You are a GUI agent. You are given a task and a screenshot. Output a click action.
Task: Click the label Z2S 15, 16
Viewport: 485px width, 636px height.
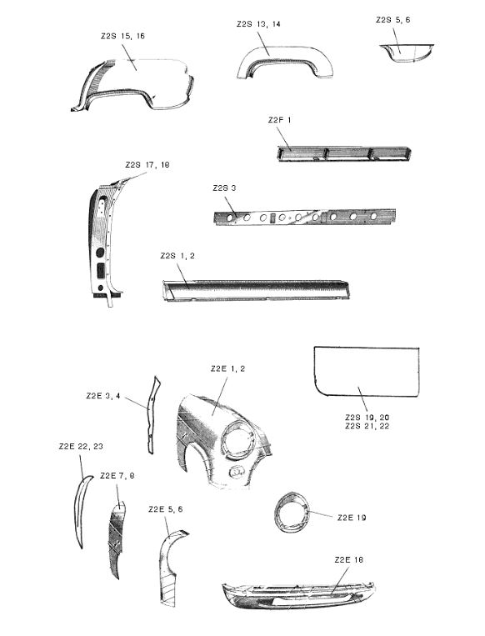pyautogui.click(x=122, y=36)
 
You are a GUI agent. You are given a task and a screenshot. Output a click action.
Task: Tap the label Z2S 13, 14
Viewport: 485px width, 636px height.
pyautogui.click(x=258, y=24)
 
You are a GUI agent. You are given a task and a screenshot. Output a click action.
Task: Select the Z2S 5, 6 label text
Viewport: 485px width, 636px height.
pyautogui.click(x=392, y=20)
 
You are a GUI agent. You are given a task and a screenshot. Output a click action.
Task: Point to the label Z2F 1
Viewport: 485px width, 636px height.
pyautogui.click(x=279, y=120)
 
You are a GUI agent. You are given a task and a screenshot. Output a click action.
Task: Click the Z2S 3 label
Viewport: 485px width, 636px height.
pyautogui.click(x=224, y=188)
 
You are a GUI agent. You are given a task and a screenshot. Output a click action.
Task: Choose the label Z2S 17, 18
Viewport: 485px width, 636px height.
pyautogui.click(x=147, y=165)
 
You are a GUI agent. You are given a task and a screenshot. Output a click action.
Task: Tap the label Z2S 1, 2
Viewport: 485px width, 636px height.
pyautogui.click(x=177, y=256)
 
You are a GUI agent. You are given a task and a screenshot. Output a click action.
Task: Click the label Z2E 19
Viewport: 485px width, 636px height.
pyautogui.click(x=352, y=518)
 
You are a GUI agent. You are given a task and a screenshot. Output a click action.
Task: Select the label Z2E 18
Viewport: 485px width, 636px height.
pyautogui.click(x=348, y=560)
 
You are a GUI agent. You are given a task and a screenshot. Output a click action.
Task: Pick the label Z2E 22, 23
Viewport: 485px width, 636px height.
pyautogui.click(x=81, y=447)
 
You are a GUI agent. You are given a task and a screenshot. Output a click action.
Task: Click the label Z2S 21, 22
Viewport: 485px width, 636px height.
pyautogui.click(x=367, y=426)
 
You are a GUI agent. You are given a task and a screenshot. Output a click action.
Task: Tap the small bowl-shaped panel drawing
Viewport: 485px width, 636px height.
pyautogui.click(x=407, y=53)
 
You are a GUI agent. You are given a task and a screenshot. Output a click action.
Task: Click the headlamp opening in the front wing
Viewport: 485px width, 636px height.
pyautogui.click(x=237, y=441)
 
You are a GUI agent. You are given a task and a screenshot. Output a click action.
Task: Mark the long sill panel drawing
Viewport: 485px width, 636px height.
pyautogui.click(x=256, y=289)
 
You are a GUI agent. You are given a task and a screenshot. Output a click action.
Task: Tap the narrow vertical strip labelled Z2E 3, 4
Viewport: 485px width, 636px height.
pyautogui.click(x=152, y=414)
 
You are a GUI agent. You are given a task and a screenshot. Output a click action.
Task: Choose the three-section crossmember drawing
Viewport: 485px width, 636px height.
pyautogui.click(x=344, y=153)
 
